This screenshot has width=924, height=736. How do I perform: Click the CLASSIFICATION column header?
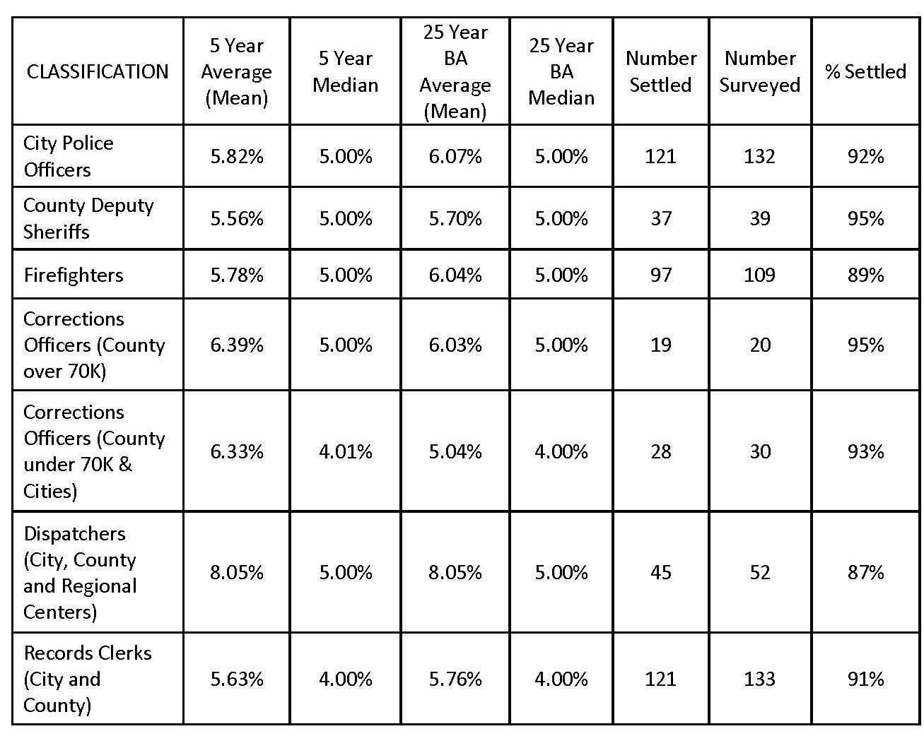pos(98,71)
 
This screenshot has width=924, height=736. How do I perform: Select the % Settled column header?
pos(865,71)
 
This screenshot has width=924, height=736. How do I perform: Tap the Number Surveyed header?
pos(759,71)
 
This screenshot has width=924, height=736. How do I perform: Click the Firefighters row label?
pos(74,275)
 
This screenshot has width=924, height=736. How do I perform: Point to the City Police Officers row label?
pos(69,156)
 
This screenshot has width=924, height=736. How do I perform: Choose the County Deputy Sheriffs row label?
pos(88,218)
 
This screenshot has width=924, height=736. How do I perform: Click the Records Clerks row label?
pos(88,679)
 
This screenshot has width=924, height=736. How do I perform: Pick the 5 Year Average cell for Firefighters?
pos(237,275)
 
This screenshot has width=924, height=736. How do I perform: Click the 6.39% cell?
pos(237,345)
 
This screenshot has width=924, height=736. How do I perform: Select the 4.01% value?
pos(346,451)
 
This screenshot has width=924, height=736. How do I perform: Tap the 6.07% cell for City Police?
pos(455,156)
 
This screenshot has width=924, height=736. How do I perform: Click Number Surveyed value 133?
pos(759,679)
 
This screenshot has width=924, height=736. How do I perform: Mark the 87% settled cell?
pos(865,572)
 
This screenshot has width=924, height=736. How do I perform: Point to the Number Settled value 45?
pos(661,572)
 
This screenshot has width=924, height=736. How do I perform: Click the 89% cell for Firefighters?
pos(865,275)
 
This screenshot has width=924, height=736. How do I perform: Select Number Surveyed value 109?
pos(759,275)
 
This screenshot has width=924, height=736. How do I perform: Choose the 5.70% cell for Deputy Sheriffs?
pos(455,218)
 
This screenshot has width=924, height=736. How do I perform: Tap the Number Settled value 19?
pos(661,345)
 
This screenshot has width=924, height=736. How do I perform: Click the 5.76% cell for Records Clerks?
pos(455,679)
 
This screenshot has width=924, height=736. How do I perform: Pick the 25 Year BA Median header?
pos(561,71)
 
